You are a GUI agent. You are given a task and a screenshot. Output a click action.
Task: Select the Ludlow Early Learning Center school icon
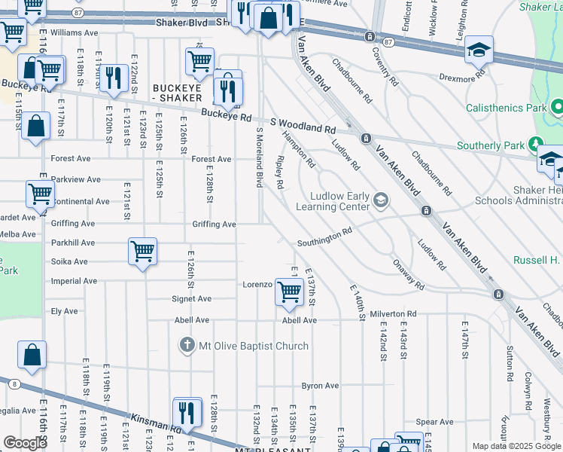coord(381,200)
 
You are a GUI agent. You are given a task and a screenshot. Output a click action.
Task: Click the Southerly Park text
coord(489,145)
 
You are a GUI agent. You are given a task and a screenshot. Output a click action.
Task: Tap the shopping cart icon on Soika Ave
coord(142,251)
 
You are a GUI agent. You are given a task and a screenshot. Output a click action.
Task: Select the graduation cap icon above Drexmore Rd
coord(479,49)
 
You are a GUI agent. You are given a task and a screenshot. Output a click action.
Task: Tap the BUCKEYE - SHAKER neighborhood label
coord(177,93)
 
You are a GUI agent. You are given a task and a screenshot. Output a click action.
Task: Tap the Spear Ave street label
coord(437,422)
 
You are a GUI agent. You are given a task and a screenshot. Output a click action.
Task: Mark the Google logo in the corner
coord(25,443)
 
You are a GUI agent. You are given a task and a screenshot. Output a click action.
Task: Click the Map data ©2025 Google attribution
coord(516,446)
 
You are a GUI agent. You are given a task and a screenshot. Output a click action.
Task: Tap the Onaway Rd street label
coord(408,275)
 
